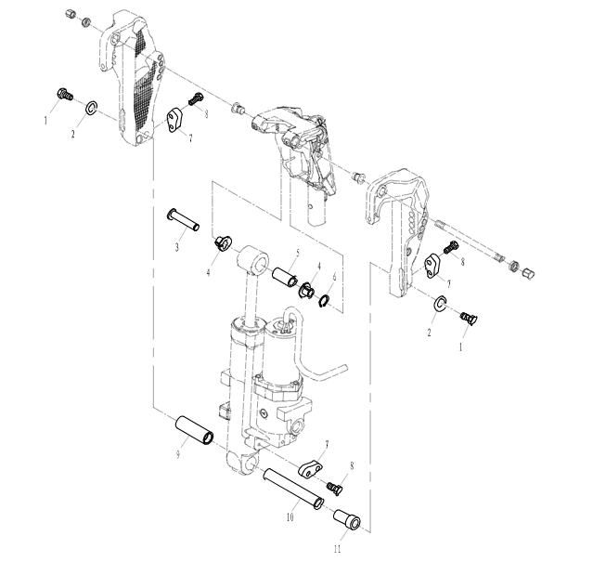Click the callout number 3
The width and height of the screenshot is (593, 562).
(176, 247)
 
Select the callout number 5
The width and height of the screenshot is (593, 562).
(298, 253)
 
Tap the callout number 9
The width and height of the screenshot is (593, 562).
(178, 454)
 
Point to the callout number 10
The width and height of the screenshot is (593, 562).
(290, 517)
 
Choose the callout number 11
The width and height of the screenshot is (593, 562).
(338, 549)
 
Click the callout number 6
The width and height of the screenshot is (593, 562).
(334, 277)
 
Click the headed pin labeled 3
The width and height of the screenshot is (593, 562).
(183, 220)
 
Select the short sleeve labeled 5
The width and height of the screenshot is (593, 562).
(284, 277)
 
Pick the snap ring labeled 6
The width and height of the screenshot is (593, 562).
(324, 301)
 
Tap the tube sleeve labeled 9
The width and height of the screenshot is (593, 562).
(194, 430)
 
